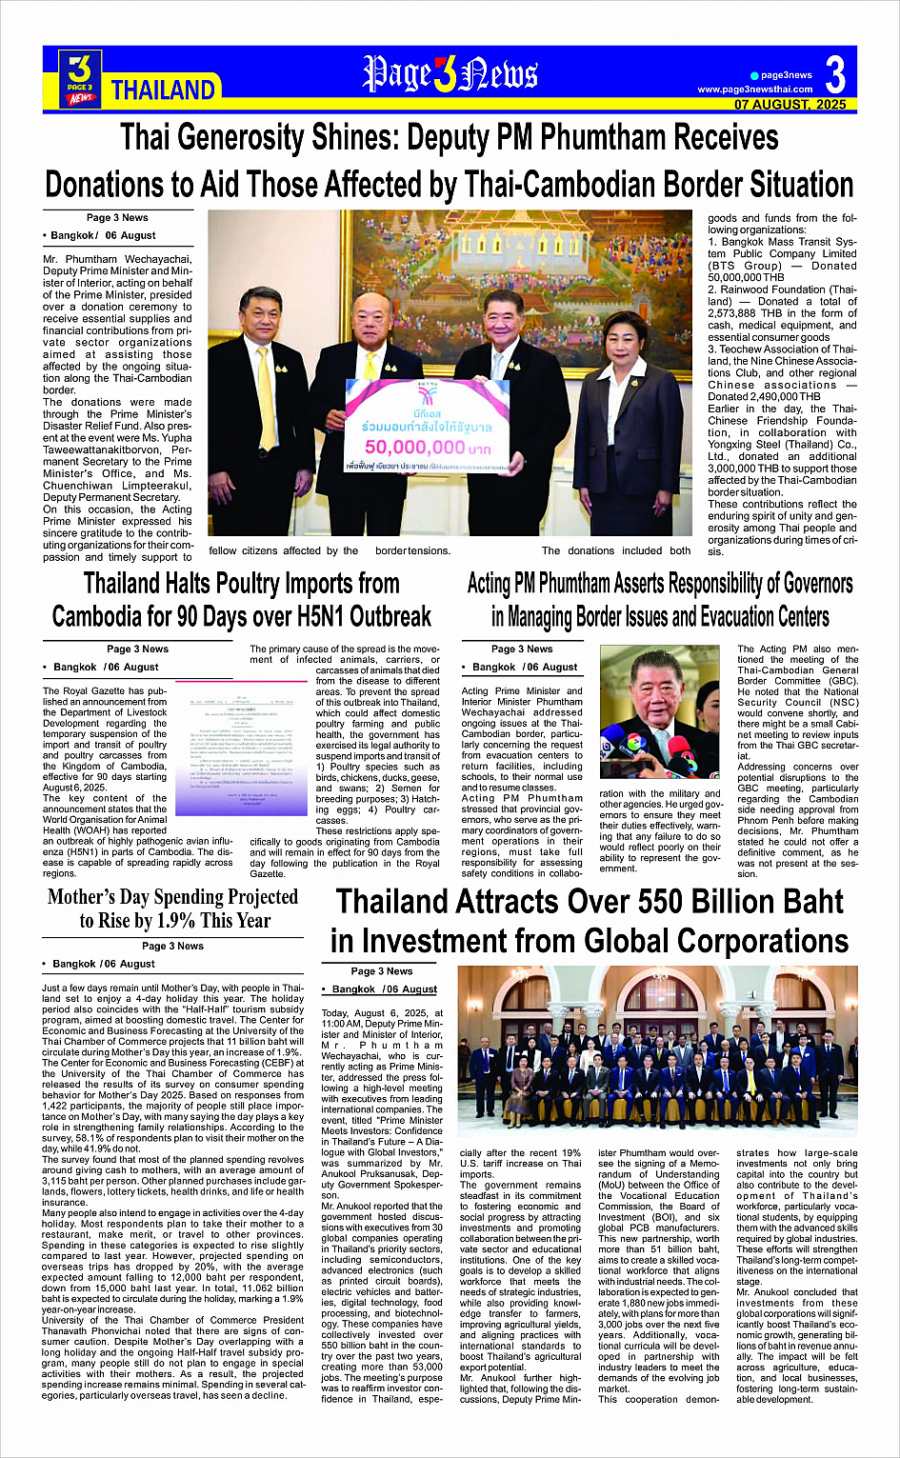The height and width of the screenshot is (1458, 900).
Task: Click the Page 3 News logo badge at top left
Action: tap(80, 78)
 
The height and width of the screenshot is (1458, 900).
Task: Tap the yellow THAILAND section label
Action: tap(163, 90)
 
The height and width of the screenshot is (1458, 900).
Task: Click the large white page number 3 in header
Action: tap(835, 74)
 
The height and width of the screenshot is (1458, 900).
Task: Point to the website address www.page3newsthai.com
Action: tap(755, 90)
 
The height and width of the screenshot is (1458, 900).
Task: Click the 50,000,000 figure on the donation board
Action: tap(414, 447)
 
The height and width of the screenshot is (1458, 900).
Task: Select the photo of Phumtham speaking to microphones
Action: tap(660, 711)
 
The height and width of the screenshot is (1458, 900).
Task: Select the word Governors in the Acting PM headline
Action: tap(801, 584)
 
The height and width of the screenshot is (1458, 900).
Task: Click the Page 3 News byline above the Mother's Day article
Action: tap(172, 946)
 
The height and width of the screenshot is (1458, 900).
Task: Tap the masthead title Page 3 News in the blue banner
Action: tap(450, 75)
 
